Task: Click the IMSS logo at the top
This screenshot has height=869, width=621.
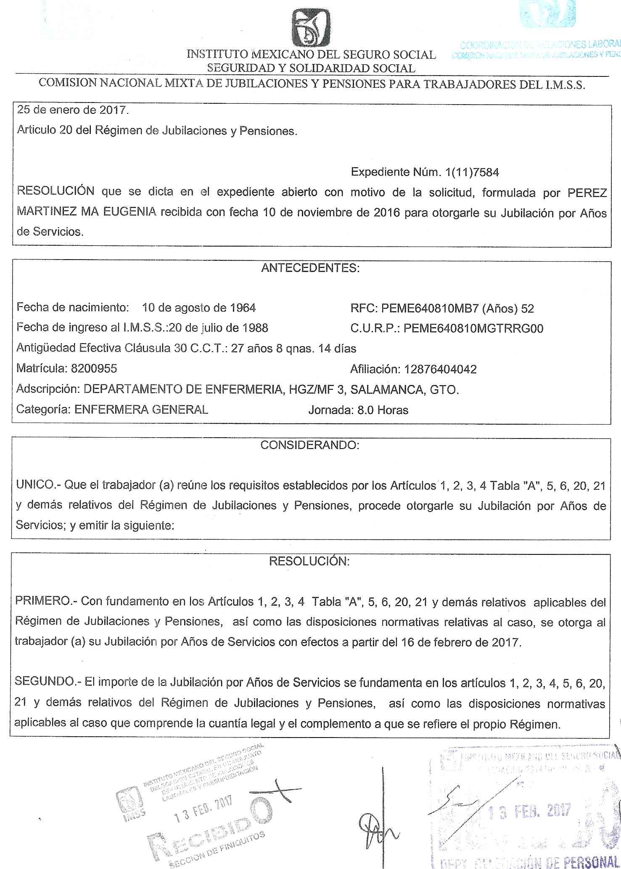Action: click(311, 29)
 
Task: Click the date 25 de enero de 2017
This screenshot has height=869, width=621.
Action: click(71, 111)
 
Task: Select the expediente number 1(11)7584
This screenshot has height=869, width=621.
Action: click(469, 172)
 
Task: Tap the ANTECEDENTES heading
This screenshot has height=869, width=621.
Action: click(310, 268)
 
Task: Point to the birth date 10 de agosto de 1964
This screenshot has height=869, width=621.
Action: click(198, 308)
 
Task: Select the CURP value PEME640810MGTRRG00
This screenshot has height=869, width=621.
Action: click(473, 328)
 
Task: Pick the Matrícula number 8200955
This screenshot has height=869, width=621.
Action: click(94, 369)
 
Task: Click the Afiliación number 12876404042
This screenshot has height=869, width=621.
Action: click(440, 369)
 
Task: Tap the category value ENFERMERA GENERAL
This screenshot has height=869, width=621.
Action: click(141, 410)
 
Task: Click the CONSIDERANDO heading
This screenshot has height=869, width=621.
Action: click(310, 445)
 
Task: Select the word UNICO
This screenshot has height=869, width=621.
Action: click(36, 485)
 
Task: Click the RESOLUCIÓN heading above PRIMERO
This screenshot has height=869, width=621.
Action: click(309, 561)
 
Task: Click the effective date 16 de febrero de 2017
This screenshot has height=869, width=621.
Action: click(460, 643)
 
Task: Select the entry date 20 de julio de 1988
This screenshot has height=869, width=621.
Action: click(218, 328)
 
